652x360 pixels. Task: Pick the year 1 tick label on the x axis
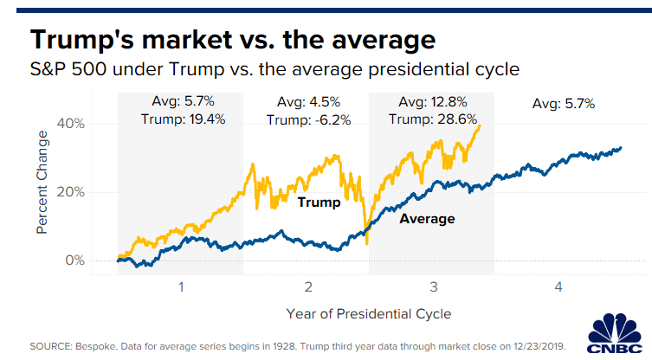181,286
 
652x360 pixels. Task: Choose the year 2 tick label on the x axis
307,286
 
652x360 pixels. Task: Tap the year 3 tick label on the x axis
432,286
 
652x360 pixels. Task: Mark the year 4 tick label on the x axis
558,286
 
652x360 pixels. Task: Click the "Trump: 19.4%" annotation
183,119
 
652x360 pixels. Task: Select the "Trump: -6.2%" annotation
308,119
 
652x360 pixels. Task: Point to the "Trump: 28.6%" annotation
433,119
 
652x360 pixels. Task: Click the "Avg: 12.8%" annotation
432,103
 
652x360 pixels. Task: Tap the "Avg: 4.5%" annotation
307,103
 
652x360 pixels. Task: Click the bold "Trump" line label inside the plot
319,202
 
